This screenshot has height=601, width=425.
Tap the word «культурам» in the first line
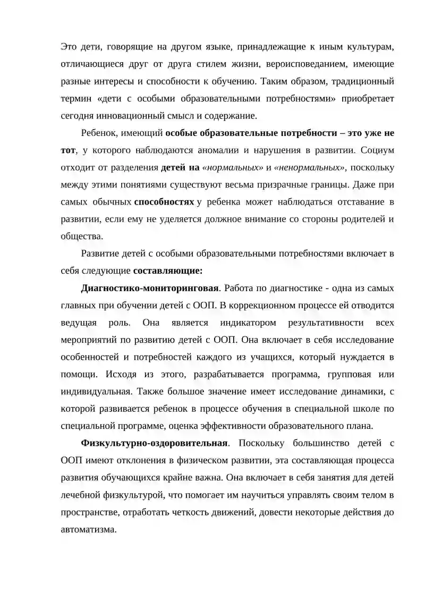(x=367, y=47)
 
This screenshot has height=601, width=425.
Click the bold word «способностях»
(x=164, y=202)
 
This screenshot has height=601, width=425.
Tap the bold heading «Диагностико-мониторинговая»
(x=150, y=289)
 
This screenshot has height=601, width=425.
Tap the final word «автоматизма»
(x=88, y=530)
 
